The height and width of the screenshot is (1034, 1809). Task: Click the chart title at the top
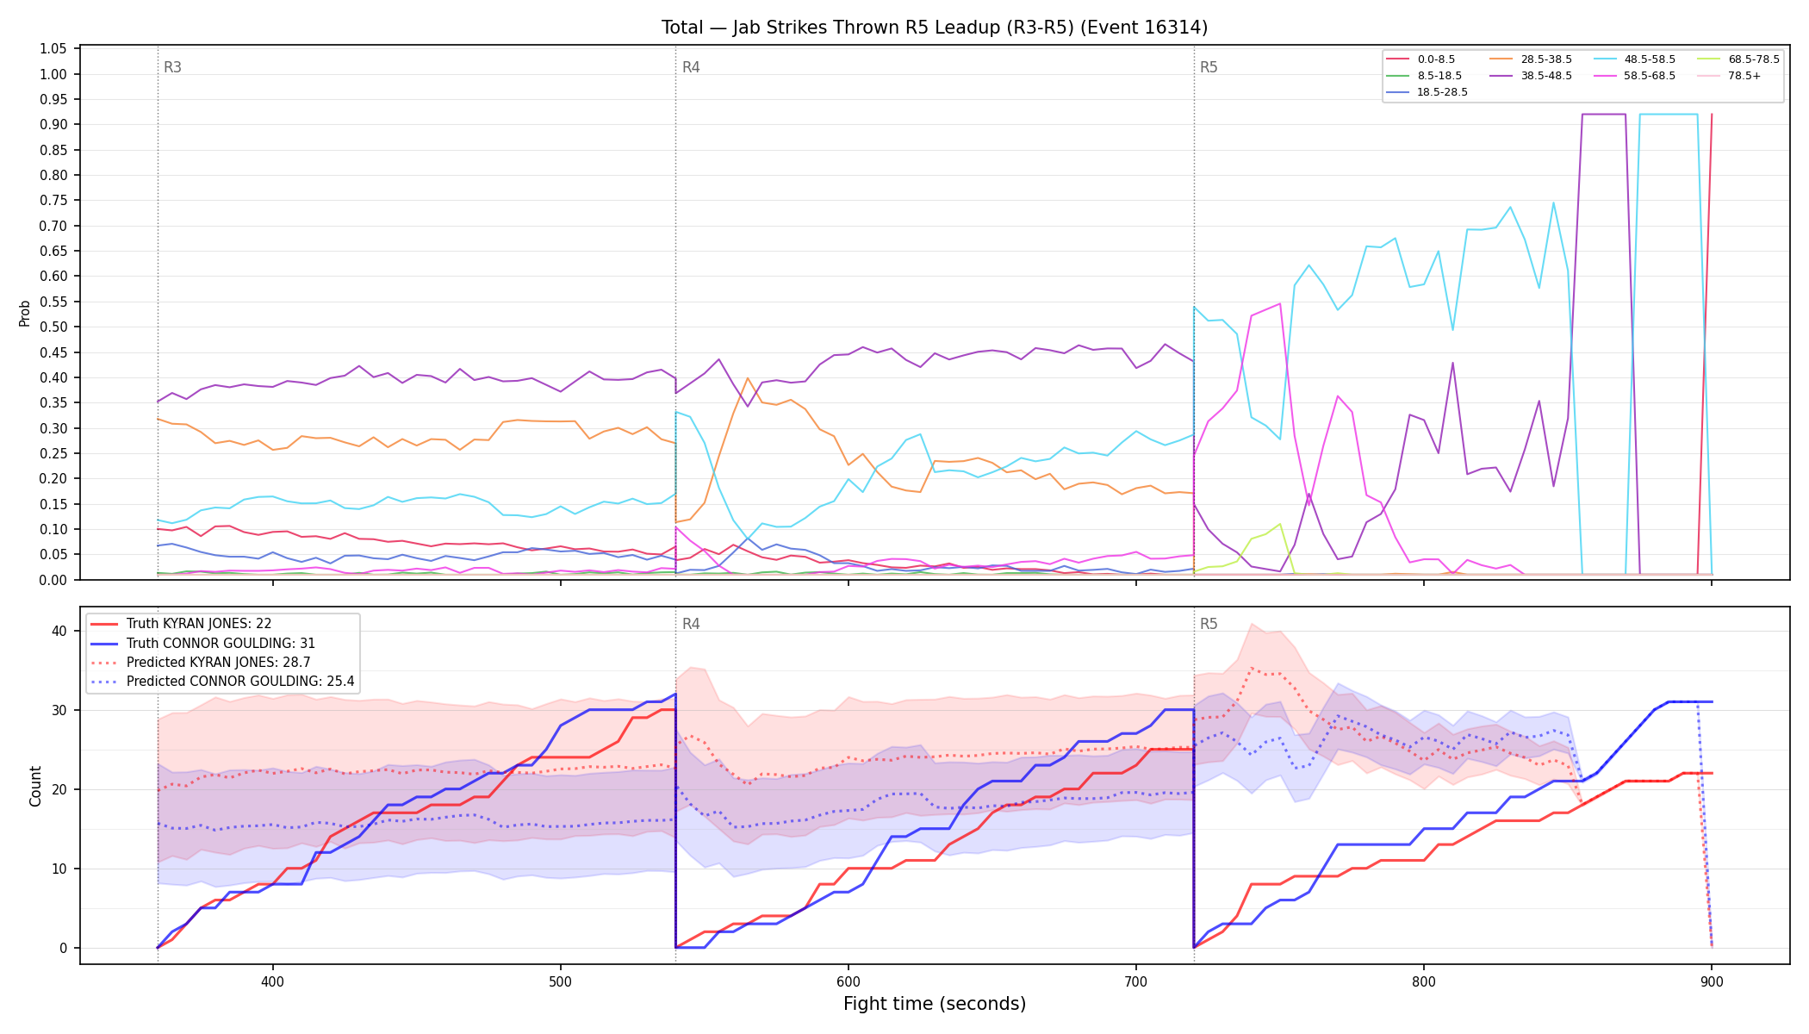[935, 28]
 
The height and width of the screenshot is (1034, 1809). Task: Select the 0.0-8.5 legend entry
[1421, 59]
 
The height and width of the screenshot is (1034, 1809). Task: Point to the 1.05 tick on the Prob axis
[53, 49]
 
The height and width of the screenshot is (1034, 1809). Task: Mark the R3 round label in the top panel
[172, 67]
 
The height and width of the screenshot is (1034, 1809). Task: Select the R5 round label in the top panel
[1209, 67]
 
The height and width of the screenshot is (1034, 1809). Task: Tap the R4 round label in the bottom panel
[691, 624]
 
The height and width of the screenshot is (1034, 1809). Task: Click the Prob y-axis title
[25, 313]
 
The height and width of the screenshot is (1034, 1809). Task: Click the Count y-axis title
[35, 786]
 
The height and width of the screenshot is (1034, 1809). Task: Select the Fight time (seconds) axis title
[935, 1004]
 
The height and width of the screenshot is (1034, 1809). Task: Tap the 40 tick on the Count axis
[59, 631]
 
